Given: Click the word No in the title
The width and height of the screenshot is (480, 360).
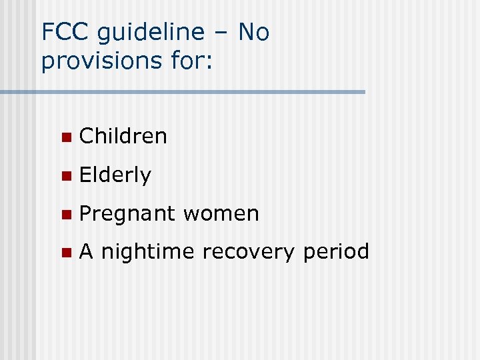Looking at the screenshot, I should click(254, 32).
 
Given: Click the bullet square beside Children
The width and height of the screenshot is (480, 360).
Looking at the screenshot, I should click(65, 137).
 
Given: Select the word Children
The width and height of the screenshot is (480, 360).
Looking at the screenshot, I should click(123, 136).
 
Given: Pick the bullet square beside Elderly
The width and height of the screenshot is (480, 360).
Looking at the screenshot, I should click(65, 176).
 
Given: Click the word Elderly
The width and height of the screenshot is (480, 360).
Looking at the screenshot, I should click(115, 175).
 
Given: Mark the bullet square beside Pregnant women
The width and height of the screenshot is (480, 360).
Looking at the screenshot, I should click(65, 215).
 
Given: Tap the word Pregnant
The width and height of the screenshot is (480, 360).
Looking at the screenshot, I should click(127, 214).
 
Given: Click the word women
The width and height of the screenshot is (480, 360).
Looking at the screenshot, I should click(221, 214).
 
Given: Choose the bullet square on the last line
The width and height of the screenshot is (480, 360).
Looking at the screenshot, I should click(65, 253).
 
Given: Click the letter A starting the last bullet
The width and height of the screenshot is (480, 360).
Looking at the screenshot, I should click(87, 251).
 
